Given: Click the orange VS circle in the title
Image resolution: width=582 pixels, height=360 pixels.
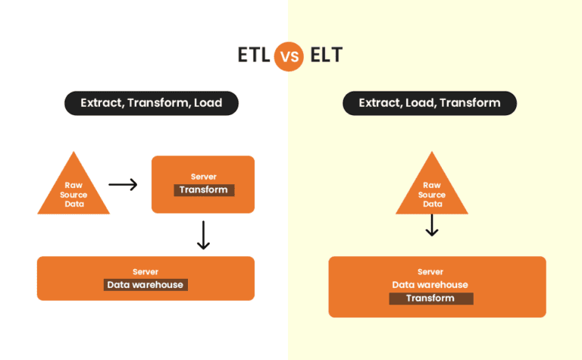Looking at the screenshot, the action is (289, 56).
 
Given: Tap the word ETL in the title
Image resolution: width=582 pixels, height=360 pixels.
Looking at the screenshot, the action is (254, 55).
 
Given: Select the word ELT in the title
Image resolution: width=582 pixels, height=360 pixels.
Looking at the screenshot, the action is (327, 55).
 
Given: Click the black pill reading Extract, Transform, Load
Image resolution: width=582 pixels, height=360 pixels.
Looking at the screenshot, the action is (152, 103).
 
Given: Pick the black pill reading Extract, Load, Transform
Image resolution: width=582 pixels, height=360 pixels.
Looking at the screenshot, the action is (430, 103).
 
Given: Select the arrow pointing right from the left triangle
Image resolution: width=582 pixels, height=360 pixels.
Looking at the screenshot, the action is (123, 184).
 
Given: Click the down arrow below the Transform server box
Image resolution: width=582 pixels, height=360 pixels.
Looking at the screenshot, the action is (203, 235).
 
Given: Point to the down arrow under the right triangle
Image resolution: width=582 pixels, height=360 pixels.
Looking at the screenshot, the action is (432, 225).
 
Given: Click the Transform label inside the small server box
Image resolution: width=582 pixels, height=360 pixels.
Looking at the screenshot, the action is (204, 190).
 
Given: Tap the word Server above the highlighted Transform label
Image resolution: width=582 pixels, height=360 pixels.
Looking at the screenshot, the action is (203, 177).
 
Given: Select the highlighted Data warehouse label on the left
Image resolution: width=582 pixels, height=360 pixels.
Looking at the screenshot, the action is (145, 285).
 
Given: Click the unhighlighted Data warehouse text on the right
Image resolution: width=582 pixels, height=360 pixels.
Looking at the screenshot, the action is (430, 285).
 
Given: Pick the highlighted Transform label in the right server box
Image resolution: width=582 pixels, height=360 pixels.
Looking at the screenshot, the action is (431, 299).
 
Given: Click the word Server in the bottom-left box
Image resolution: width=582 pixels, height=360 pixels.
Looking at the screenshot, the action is (145, 271).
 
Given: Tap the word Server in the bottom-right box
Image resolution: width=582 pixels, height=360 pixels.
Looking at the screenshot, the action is (430, 271).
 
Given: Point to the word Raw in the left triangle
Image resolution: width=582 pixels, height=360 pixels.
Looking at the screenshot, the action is (74, 185).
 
